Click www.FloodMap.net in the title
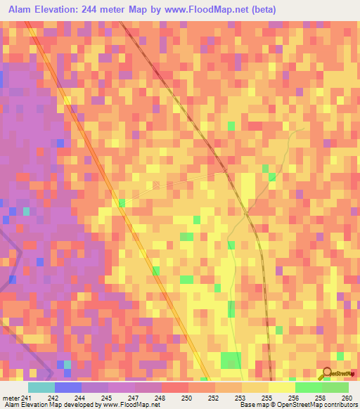[x=205, y=9]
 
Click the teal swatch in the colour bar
[x=41, y=387]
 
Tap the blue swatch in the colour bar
[x=67, y=387]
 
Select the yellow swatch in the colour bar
[x=281, y=387]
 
